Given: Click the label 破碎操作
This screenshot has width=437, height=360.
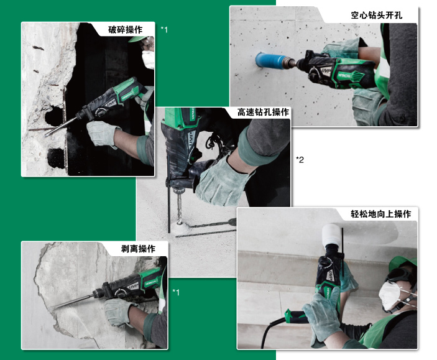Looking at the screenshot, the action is [x=125, y=30].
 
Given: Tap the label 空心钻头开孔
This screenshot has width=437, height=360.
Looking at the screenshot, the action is [x=376, y=15].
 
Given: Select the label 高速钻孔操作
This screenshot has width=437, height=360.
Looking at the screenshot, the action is [x=263, y=112].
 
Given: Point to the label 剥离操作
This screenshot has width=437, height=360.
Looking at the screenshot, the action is [x=138, y=249].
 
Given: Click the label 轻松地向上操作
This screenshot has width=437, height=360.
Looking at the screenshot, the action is [x=380, y=214].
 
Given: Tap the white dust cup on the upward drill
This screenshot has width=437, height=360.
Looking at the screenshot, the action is [x=332, y=234].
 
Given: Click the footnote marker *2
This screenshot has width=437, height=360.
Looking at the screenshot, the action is [x=300, y=160].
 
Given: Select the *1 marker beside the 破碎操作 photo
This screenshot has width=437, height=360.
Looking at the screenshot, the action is [x=165, y=29].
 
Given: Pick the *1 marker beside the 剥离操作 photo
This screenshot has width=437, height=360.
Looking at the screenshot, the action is [x=176, y=292].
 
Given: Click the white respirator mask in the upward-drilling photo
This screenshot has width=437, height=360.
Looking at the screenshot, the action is [x=390, y=295].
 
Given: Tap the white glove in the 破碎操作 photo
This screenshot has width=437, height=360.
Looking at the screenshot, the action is [x=102, y=133].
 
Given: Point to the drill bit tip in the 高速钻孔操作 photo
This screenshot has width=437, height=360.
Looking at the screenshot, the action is [x=179, y=222].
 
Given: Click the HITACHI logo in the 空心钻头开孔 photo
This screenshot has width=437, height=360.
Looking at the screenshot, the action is [x=344, y=75].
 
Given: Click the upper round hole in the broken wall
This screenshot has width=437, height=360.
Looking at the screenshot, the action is [x=55, y=115].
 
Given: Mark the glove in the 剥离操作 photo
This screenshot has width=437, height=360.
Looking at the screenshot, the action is [x=119, y=312].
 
